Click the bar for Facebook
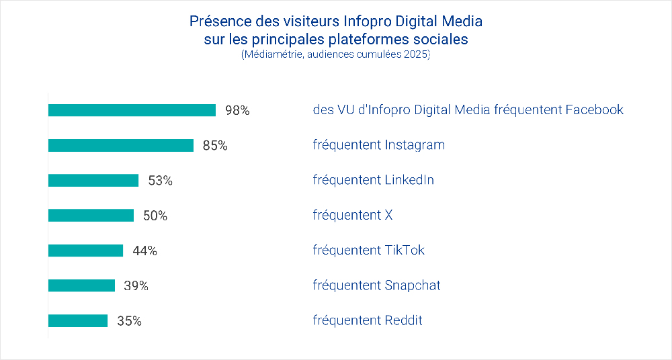132,110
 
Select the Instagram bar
121,145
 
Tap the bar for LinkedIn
93,180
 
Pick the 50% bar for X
91,216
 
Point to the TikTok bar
85,251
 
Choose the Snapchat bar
81,285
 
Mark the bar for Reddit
78,320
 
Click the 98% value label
237,111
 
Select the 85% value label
215,146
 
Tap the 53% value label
160,181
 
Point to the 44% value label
144,251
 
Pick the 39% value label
136,286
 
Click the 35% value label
129,321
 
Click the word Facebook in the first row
594,109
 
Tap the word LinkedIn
409,180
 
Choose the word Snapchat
413,285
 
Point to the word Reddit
403,320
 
